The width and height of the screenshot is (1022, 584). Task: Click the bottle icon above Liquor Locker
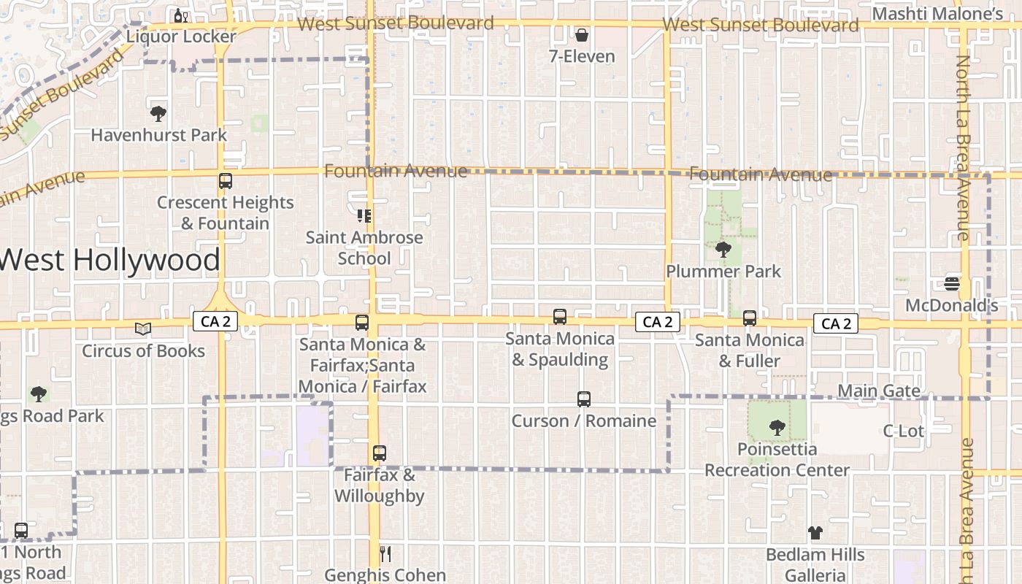tap(180, 15)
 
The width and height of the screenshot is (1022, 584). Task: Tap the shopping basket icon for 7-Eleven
tap(582, 34)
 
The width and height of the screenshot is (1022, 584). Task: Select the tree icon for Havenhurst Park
tap(158, 113)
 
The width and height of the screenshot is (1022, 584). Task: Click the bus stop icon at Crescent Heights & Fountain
tap(225, 181)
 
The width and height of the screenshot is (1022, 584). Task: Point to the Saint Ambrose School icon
tap(364, 215)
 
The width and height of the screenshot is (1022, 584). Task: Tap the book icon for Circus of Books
tap(143, 329)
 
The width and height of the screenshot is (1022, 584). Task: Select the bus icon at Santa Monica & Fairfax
tap(361, 323)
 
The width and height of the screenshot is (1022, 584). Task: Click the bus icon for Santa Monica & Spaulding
tap(559, 317)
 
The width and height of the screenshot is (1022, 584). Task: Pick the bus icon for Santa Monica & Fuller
tap(749, 318)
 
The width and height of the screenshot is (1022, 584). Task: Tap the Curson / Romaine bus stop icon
tap(583, 399)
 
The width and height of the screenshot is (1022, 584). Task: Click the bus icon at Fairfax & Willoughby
tap(379, 453)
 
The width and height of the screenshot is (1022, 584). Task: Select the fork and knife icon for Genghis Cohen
tap(385, 554)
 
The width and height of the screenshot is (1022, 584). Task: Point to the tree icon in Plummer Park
tap(723, 250)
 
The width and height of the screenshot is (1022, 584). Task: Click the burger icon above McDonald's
tap(951, 283)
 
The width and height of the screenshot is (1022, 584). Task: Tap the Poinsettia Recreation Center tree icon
tap(777, 428)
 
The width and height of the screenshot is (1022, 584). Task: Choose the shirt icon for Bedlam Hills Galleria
tap(815, 534)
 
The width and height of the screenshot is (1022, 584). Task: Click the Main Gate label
tap(878, 391)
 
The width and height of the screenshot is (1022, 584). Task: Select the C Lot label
tap(903, 431)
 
